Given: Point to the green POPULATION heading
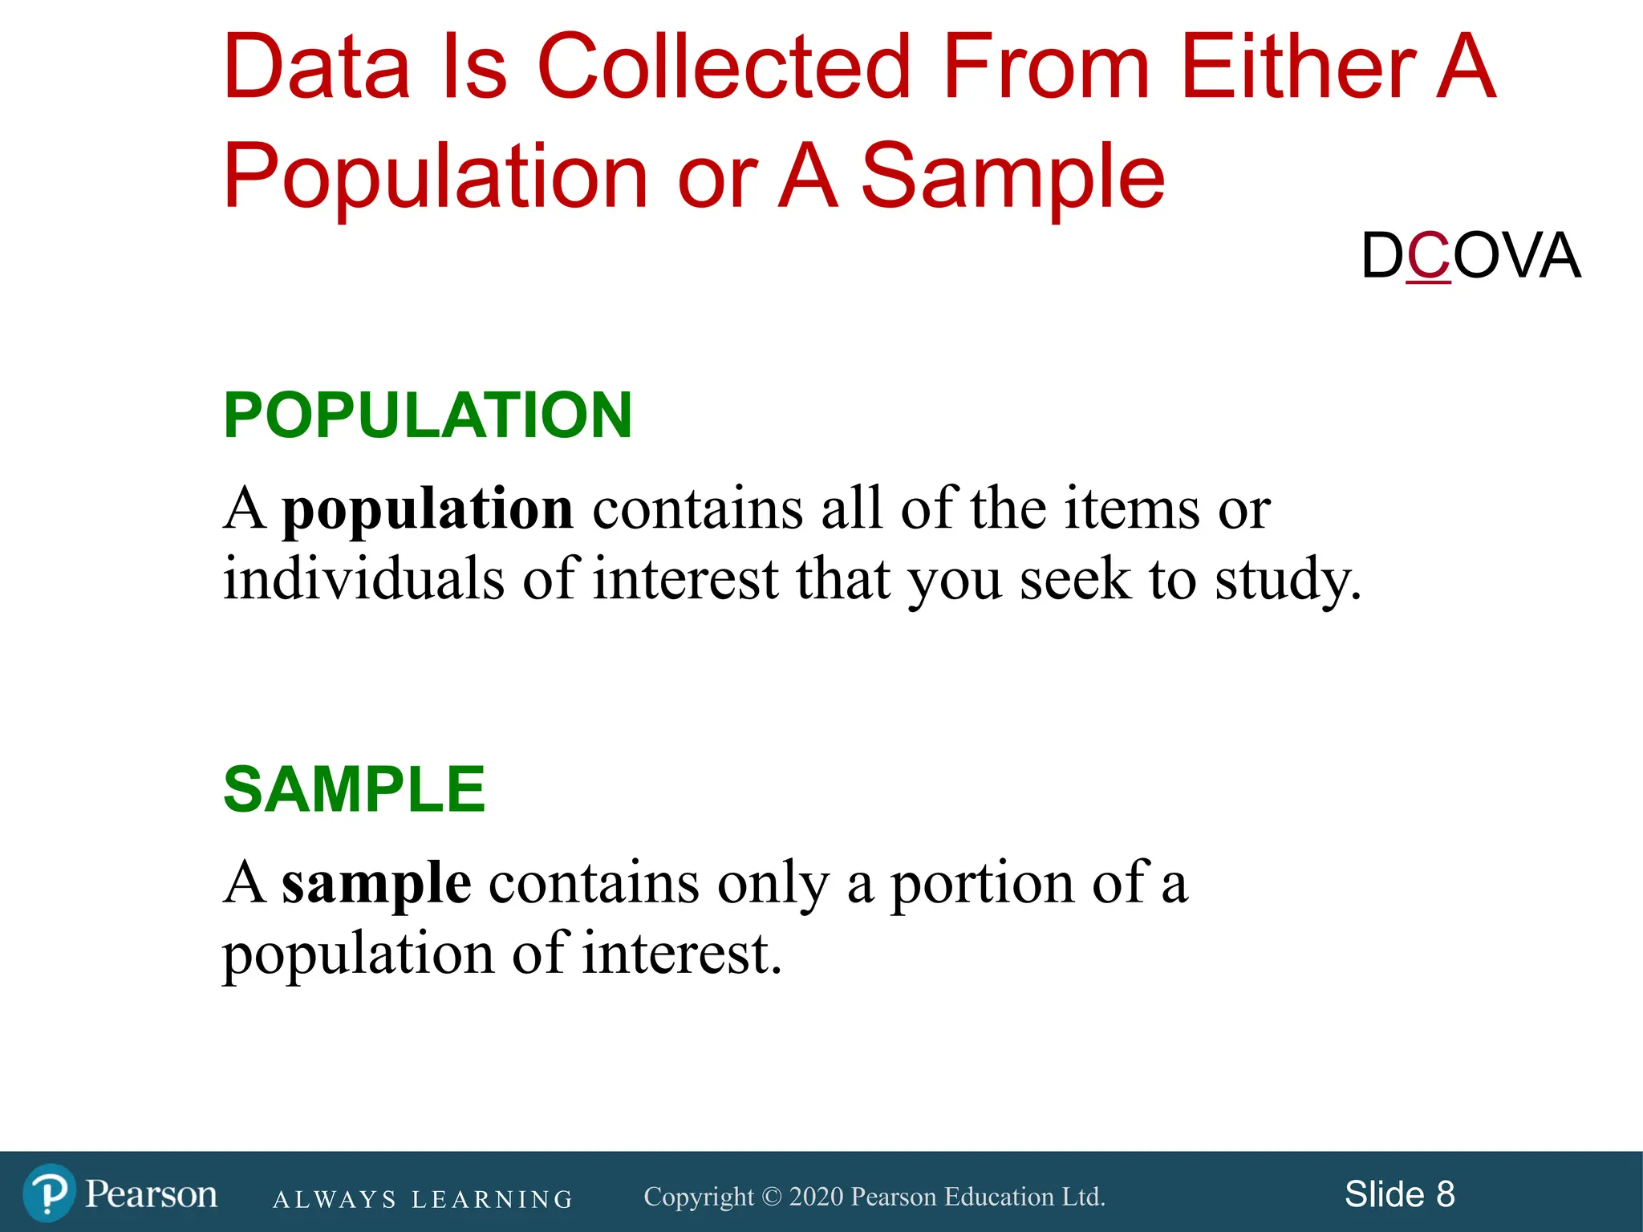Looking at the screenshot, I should coord(428,415).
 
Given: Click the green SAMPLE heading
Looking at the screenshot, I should coord(354,790).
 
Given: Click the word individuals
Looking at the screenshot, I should coord(363,578).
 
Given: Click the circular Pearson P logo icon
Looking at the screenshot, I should coord(49,1193).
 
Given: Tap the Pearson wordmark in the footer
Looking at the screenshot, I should coord(151,1194).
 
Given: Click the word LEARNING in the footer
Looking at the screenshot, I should coord(493,1200).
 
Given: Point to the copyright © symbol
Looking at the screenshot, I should coord(771,1197).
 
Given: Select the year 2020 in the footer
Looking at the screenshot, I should coord(816,1197).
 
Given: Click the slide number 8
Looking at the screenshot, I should coord(1445,1194).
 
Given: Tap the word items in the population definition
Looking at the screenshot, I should coord(1131,509).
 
